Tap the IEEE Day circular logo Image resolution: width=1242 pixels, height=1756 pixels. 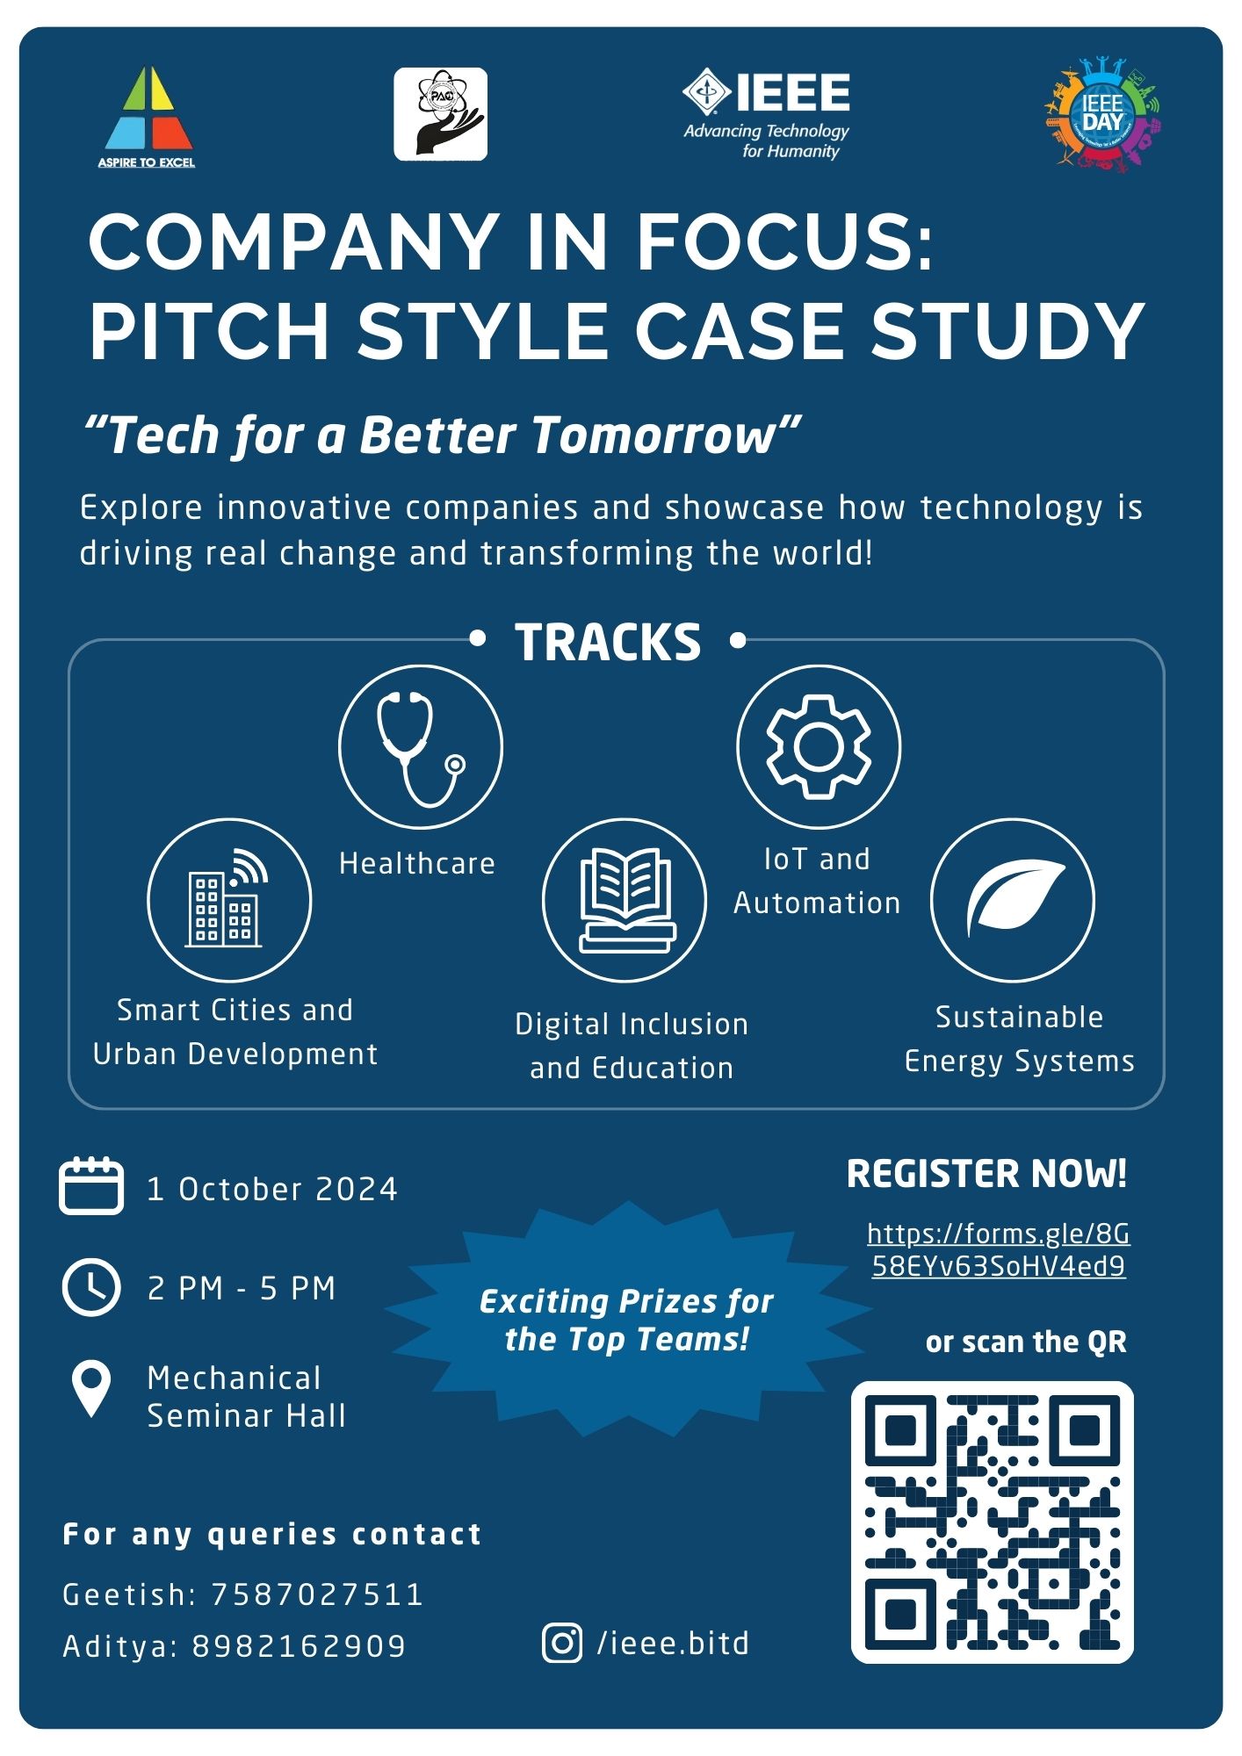point(1103,114)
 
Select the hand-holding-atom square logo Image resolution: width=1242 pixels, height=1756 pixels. point(440,114)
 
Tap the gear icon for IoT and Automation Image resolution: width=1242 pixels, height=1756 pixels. point(819,746)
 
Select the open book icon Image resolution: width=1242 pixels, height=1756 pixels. point(626,900)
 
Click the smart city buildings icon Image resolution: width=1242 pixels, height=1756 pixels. point(227,898)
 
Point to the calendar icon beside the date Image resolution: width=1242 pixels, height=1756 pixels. point(91,1186)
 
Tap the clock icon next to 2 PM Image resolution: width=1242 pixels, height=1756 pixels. point(91,1287)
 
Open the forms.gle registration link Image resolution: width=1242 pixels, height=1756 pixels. point(999,1250)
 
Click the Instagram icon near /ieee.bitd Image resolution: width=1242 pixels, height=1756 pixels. point(562,1643)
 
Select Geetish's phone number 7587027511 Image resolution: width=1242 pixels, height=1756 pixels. point(318,1594)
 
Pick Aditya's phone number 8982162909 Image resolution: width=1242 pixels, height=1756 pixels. point(300,1646)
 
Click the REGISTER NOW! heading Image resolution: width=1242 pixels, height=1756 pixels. point(986,1175)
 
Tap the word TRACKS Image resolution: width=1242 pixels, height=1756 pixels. point(608,642)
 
